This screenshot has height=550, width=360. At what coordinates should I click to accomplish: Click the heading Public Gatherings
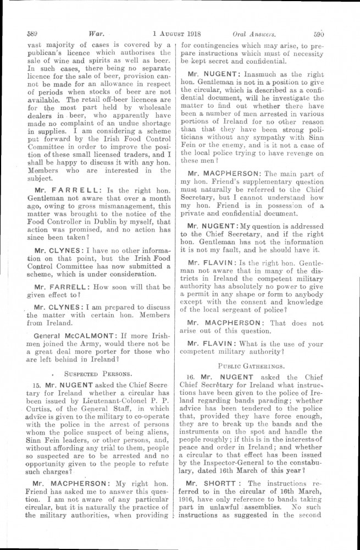point(257,364)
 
